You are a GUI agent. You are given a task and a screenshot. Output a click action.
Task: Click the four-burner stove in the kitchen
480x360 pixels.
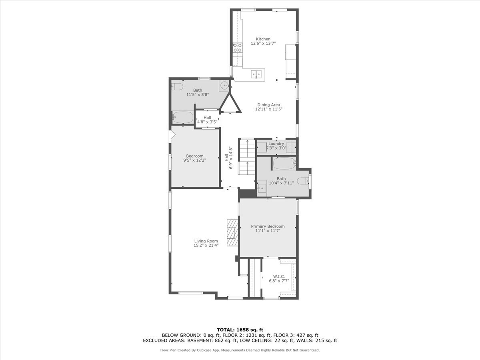click(x=238, y=48)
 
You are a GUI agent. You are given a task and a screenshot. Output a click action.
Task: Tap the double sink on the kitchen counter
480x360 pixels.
click(x=257, y=74)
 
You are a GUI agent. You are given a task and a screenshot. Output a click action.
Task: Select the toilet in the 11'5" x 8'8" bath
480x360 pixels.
click(x=178, y=86)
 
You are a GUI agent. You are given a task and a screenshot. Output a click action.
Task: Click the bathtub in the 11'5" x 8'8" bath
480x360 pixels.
click(x=182, y=118)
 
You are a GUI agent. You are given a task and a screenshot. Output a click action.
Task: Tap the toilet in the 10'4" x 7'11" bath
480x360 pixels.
click(x=304, y=181)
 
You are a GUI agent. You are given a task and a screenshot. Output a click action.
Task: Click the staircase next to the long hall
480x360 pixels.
click(x=247, y=156)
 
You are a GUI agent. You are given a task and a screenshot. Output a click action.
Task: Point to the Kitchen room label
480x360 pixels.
click(x=263, y=39)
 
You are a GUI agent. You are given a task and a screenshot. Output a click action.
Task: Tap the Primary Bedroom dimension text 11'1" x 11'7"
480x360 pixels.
click(x=268, y=231)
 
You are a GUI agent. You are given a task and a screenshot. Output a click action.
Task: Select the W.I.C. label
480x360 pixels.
click(x=279, y=276)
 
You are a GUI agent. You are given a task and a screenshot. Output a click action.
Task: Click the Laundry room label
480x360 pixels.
click(x=276, y=144)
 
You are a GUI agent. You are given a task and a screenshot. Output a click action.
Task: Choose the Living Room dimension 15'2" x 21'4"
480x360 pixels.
click(x=206, y=246)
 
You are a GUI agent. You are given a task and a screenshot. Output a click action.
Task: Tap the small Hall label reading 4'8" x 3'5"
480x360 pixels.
click(x=207, y=122)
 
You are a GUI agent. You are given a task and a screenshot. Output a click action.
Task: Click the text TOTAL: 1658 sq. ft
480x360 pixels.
click(x=240, y=330)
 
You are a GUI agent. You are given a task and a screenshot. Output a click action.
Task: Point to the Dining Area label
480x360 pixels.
click(x=268, y=105)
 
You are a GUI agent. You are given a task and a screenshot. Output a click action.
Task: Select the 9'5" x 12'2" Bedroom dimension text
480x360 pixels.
click(x=195, y=160)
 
